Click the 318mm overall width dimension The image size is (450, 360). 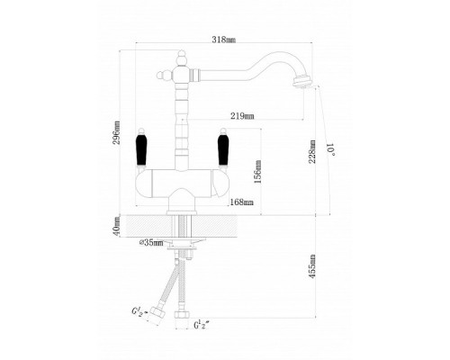[224, 40]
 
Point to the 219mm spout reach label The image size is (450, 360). [242, 116]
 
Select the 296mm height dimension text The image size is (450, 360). [117, 132]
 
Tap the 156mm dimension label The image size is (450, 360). [257, 172]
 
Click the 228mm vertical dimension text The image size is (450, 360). [312, 151]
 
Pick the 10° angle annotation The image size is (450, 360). [330, 149]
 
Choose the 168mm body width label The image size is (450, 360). [241, 202]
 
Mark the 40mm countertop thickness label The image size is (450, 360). [117, 226]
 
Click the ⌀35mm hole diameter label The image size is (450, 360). [151, 242]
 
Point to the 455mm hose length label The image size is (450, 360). [312, 266]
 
